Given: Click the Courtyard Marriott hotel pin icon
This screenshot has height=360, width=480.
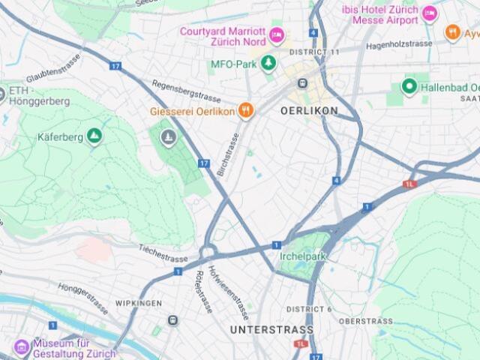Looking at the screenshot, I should (x=277, y=34).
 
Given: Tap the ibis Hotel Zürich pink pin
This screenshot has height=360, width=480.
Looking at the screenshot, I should (x=430, y=13).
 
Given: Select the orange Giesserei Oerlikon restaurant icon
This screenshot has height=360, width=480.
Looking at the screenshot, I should (x=245, y=111).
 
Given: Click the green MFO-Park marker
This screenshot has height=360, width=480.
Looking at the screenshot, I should (x=263, y=64).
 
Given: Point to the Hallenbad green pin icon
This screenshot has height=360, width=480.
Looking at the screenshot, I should (x=409, y=87).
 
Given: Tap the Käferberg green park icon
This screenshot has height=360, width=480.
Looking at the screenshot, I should (x=94, y=136).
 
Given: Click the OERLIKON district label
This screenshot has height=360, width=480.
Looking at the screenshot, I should (x=309, y=111).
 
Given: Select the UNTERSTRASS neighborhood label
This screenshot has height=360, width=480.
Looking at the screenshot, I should (x=271, y=330).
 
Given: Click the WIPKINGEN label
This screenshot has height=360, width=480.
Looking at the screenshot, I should (x=139, y=304).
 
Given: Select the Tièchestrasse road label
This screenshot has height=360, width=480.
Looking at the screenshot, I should (x=162, y=253).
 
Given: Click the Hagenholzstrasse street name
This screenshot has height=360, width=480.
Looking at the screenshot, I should (x=399, y=46).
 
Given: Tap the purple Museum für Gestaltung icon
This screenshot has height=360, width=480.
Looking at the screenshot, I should (x=22, y=347).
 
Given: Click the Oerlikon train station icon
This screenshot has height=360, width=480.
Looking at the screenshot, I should (x=303, y=84).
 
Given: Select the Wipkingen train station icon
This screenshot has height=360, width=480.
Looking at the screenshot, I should (x=173, y=321).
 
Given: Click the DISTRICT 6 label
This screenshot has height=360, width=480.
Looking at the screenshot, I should (x=308, y=309).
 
